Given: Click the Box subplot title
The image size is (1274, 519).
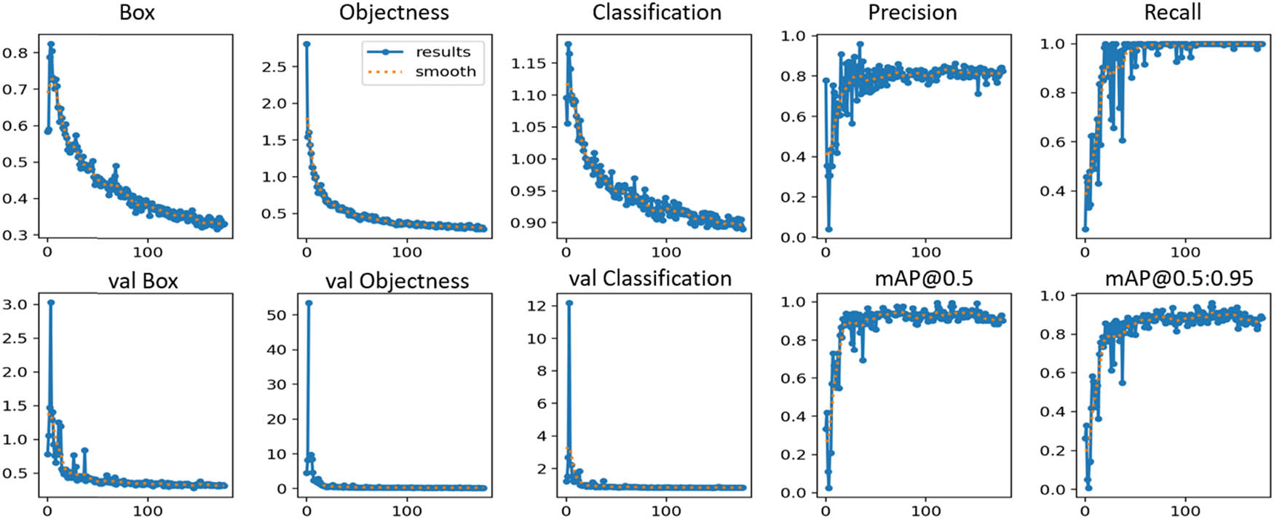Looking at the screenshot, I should pos(137,12).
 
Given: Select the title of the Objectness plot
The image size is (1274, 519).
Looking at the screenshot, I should pos(394,12).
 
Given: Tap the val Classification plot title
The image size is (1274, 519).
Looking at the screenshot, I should pos(649,279).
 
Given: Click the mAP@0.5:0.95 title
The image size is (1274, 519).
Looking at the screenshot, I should pos(1179,279).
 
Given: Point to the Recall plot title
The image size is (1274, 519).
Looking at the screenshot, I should pos(1172,12).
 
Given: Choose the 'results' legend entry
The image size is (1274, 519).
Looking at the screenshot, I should pos(443,52).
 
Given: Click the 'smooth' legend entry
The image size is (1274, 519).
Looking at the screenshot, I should pos(445,71).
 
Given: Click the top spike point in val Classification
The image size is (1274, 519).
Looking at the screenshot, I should pos(569,303).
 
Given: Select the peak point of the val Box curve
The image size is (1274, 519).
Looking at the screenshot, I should pos(50,302).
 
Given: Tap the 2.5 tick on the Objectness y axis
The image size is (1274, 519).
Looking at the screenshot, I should pos(274,67).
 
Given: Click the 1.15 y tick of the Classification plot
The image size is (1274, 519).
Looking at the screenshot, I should pos(529,63).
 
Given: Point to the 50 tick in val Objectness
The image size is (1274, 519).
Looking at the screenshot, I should pos(277,315).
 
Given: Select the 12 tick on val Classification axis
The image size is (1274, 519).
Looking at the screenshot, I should pos(537,306).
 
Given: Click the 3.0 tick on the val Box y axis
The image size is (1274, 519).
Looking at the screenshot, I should pos(15,305).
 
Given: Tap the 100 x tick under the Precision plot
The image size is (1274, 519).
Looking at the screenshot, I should pos(925,252).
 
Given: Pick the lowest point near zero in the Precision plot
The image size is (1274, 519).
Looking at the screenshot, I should pos(828,229).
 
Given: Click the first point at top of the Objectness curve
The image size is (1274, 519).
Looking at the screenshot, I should pos(306,44).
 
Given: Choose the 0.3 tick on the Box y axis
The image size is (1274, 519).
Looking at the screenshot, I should pos(15,235).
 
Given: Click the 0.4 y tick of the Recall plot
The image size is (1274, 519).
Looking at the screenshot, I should pos(1053,191).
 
